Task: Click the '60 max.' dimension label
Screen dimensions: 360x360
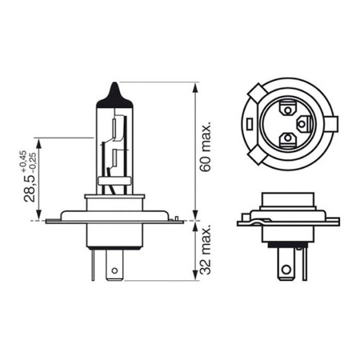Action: point(205,148)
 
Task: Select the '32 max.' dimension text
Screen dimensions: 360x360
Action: point(205,251)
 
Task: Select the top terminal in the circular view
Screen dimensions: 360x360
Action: point(288,108)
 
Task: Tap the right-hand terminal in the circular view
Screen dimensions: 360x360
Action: point(304,124)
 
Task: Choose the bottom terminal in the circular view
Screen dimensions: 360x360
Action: point(287,139)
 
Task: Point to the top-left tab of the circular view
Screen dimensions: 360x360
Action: point(257,93)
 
